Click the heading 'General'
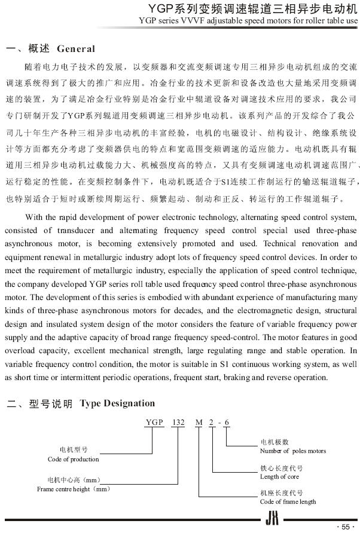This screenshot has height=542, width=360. [x=75, y=48]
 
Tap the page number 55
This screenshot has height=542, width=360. [x=345, y=526]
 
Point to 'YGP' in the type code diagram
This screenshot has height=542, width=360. [x=154, y=422]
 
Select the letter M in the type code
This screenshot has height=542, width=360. [x=199, y=422]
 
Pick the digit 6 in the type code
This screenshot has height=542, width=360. [x=227, y=422]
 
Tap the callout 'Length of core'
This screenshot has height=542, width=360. [x=279, y=476]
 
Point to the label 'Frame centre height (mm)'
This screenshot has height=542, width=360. [x=74, y=489]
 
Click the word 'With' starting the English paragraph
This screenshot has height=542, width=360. [x=35, y=217]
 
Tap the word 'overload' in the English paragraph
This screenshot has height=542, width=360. [x=21, y=351]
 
